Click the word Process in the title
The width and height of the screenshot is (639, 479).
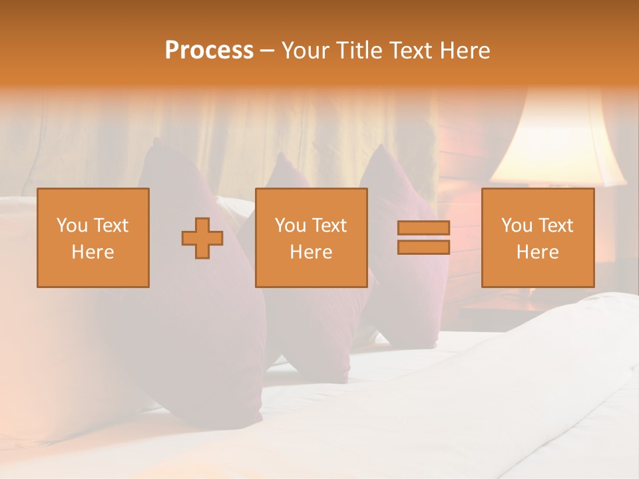pyautogui.click(x=209, y=51)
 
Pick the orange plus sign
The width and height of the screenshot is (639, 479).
pyautogui.click(x=202, y=238)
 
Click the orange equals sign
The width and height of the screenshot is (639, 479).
pyautogui.click(x=423, y=238)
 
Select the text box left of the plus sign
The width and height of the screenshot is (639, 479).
pyautogui.click(x=93, y=238)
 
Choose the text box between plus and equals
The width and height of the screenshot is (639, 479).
pyautogui.click(x=311, y=238)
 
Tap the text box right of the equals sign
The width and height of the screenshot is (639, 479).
pyautogui.click(x=537, y=238)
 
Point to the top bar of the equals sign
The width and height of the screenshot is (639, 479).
pyautogui.click(x=423, y=228)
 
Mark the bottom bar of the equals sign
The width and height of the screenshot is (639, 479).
pyautogui.click(x=423, y=247)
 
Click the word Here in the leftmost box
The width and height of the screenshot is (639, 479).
pyautogui.click(x=93, y=252)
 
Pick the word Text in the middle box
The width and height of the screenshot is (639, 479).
pyautogui.click(x=329, y=226)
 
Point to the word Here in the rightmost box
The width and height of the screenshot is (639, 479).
pyautogui.click(x=537, y=252)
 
